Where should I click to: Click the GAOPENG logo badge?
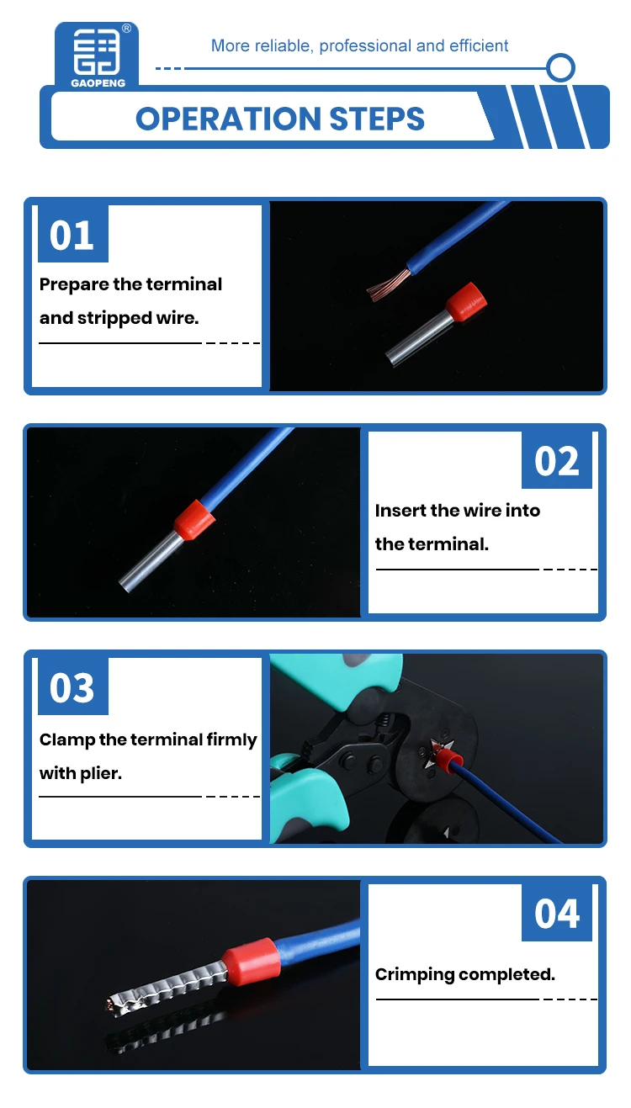(97, 56)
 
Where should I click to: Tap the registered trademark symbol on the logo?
(127, 29)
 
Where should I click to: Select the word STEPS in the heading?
(377, 119)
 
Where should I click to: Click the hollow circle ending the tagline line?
(560, 68)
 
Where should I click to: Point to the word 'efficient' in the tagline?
(479, 46)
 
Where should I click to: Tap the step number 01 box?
(73, 234)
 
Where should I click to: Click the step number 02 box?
(557, 460)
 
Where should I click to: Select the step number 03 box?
(73, 687)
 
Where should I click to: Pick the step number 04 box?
(557, 913)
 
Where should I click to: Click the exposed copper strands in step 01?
(388, 285)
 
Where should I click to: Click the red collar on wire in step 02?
(194, 519)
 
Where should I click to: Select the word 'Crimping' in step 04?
(415, 975)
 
